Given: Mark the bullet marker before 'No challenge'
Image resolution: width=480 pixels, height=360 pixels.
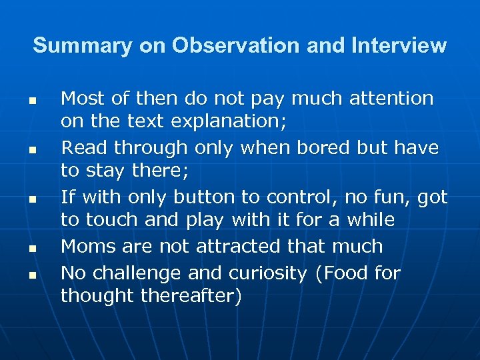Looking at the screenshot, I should click(31, 274).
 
